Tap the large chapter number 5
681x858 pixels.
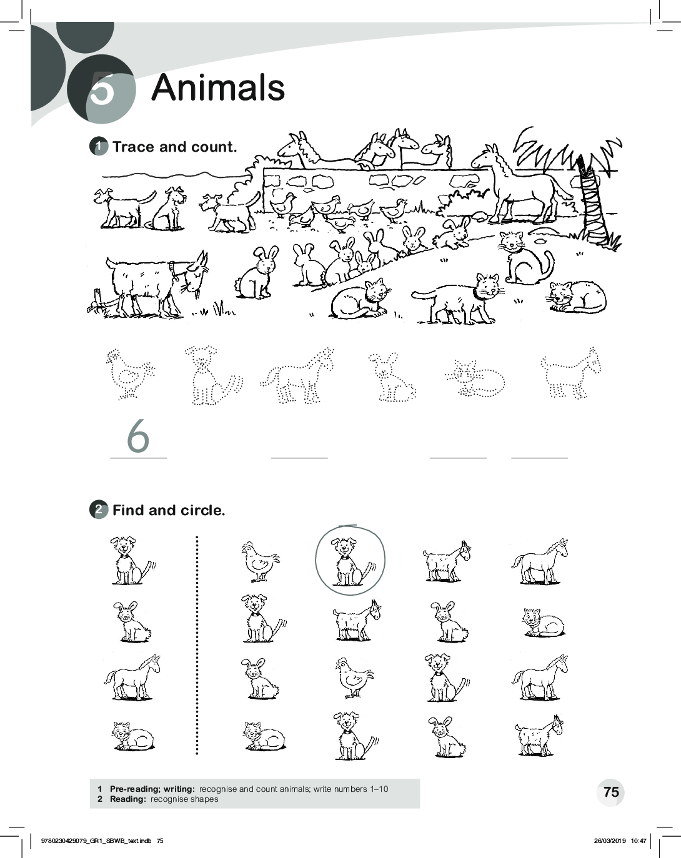[x=102, y=89]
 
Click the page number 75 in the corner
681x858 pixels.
[x=611, y=792]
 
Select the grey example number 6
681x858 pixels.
[x=138, y=436]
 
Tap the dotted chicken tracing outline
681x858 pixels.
[x=130, y=374]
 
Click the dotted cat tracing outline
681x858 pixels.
[x=475, y=379]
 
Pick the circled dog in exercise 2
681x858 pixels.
[x=350, y=561]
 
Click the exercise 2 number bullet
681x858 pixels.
[x=99, y=510]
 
